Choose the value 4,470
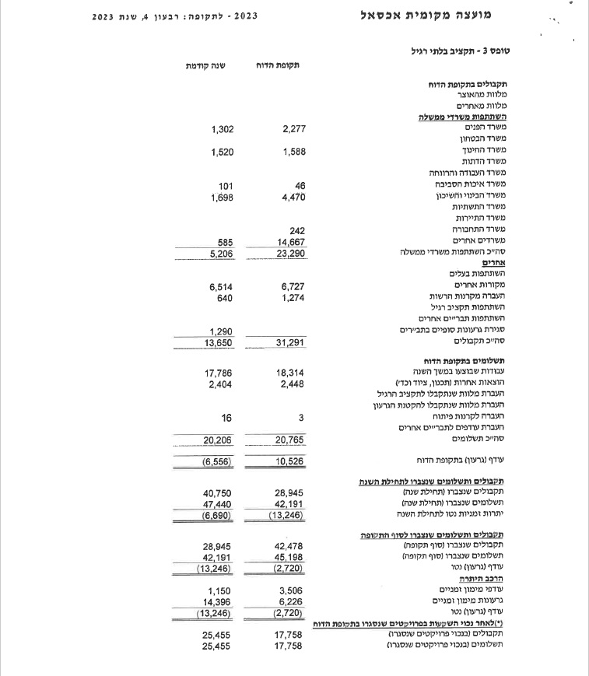294,198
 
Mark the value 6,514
222,287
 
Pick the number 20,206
219,440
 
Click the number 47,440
219,504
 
